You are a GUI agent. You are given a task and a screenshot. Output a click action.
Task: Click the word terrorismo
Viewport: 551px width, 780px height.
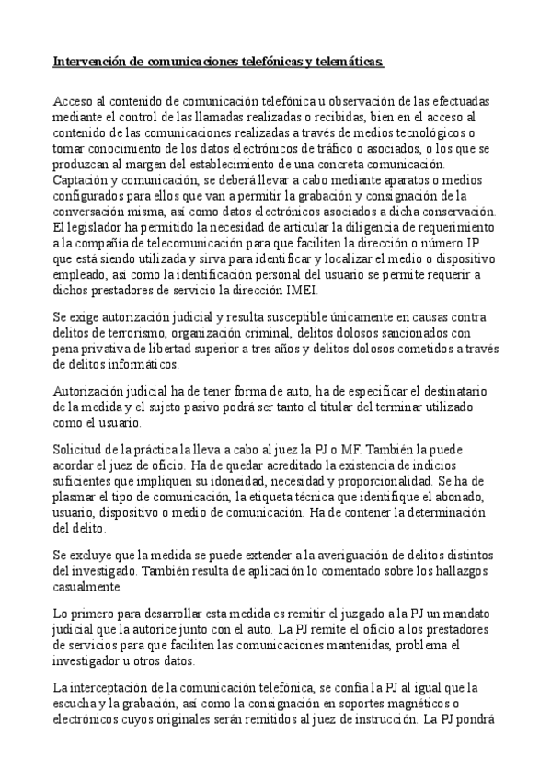pos(148,332)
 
